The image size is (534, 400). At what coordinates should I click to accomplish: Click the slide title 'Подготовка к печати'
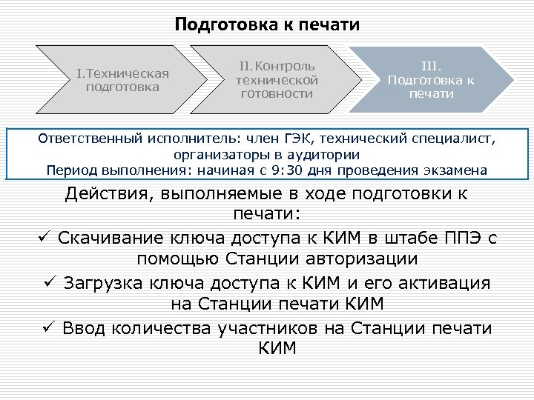tap(267, 24)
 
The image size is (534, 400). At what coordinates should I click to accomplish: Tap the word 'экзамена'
tap(456, 170)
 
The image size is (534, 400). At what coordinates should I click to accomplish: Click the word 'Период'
tap(70, 170)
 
